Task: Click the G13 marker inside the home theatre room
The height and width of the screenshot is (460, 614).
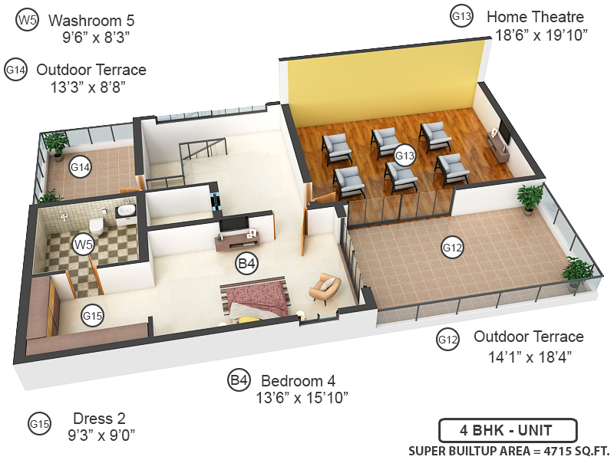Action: pos(404,156)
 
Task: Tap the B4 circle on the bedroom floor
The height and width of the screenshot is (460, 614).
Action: pos(246,264)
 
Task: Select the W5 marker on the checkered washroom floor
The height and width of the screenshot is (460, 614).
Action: pos(83,245)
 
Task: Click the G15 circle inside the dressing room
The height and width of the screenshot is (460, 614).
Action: pos(93,315)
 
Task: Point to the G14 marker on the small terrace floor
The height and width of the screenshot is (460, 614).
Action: pos(81,166)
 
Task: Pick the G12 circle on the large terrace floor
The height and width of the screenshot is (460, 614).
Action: pos(452,247)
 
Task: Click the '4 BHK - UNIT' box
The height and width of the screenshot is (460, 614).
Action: pos(507,430)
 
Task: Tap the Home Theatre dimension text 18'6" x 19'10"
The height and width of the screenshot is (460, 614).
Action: pos(541,34)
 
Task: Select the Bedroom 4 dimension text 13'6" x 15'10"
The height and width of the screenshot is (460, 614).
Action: pos(302,397)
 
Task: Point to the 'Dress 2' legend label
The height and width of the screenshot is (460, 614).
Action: pos(99,419)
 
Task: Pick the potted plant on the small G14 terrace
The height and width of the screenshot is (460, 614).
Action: pos(56,143)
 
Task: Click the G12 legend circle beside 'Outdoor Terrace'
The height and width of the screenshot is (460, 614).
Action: pos(447,338)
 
